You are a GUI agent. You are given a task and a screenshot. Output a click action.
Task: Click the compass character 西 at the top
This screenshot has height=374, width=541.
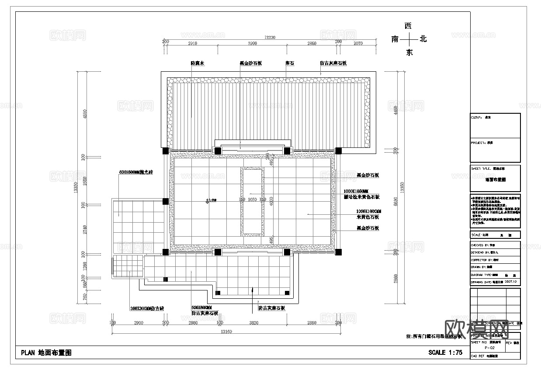[x=409, y=26]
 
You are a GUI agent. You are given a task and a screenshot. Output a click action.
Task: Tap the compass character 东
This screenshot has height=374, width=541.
[x=409, y=52]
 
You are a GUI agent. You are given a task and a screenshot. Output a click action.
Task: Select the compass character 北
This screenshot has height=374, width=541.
[x=423, y=39]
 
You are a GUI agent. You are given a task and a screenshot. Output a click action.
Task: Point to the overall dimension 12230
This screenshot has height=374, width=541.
[x=270, y=38]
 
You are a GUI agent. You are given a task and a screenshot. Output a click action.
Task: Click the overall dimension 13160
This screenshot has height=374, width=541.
[x=225, y=332]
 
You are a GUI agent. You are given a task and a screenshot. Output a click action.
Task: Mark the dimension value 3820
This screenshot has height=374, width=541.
[x=253, y=323]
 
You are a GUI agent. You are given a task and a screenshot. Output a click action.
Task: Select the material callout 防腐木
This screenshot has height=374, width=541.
[x=198, y=63]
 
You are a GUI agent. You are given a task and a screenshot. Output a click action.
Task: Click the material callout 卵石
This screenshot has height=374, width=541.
[x=289, y=63]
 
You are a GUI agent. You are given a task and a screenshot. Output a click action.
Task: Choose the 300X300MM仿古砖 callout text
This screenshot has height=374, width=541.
[x=147, y=308]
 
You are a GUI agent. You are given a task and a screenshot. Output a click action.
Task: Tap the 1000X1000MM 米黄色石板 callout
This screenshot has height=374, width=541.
[x=368, y=214]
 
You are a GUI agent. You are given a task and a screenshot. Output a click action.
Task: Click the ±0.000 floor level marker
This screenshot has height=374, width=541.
[x=211, y=200]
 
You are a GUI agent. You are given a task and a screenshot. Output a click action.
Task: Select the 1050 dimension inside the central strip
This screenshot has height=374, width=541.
[x=252, y=199]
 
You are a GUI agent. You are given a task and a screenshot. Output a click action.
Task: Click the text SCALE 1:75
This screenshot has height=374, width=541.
[x=445, y=353]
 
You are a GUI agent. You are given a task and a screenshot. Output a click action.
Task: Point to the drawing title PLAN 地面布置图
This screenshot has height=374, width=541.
[x=46, y=353]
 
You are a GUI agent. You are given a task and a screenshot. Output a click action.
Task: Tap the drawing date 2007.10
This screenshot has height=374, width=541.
[x=511, y=282]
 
